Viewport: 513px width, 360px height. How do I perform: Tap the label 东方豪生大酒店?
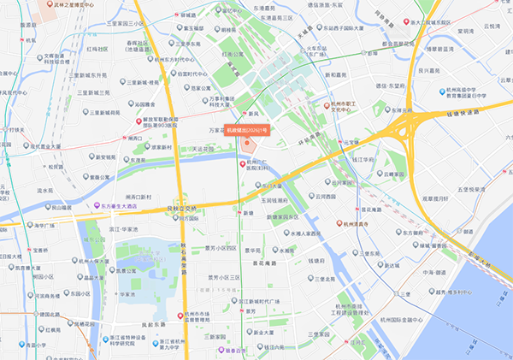[x=109, y=206]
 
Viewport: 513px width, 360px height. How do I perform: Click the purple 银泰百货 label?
[x=239, y=350]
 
